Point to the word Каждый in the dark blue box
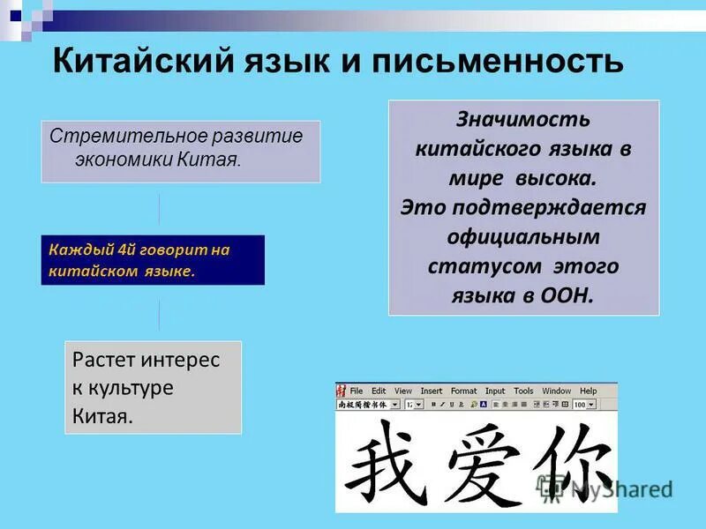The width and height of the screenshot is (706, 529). [74, 250]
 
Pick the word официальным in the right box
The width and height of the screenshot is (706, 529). [523, 237]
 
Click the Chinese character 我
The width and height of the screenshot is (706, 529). [384, 458]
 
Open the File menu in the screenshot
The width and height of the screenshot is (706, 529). [356, 391]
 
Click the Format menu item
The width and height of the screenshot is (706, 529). [463, 391]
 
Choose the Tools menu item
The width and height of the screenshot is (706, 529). [523, 391]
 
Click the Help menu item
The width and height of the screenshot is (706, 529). [588, 391]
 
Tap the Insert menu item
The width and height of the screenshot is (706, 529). [432, 391]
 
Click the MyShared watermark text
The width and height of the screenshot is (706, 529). [621, 488]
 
